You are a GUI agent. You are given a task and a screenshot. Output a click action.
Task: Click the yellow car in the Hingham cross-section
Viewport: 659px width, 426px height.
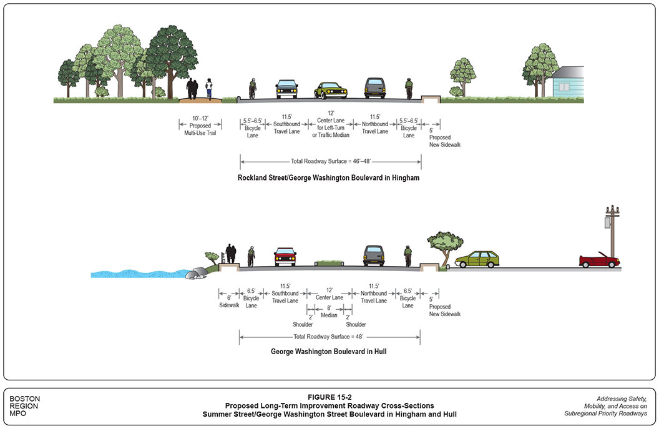coord(330,91)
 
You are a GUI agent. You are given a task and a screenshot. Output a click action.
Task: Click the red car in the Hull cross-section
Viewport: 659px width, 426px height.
coord(285,257)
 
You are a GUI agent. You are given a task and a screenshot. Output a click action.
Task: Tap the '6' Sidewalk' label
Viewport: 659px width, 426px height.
coord(229,301)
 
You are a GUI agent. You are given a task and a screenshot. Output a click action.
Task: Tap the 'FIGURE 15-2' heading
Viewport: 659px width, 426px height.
coord(330,396)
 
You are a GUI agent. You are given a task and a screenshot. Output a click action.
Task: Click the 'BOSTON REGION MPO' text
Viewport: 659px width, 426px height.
coord(25,406)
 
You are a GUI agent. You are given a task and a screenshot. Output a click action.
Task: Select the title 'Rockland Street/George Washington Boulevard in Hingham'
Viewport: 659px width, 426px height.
coord(328,177)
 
